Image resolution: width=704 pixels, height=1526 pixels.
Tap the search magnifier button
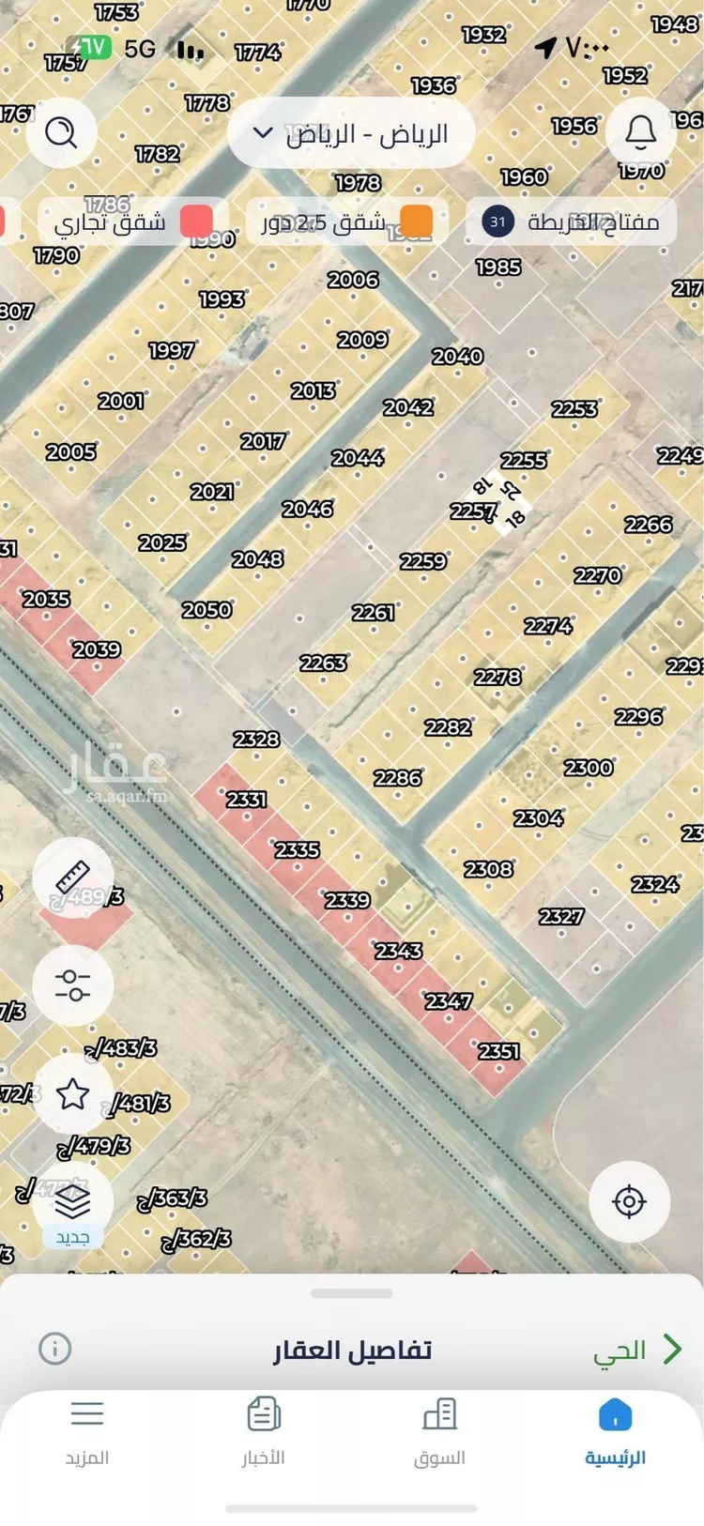pos(61,132)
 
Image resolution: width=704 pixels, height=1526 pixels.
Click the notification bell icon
pos(640,132)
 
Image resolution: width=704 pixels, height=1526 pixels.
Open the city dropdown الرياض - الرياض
pos(351,134)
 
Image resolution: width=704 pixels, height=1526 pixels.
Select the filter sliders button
pos(72,984)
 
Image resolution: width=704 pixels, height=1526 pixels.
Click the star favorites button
pos(72,1093)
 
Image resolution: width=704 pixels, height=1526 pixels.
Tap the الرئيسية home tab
pos(615,1431)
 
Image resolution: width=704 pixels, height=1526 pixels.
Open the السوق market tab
pos(439,1431)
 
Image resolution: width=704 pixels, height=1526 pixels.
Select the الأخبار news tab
pos(264,1431)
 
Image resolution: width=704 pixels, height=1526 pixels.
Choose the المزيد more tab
pos(87,1431)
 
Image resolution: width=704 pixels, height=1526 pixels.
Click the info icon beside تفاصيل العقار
pos(54,1349)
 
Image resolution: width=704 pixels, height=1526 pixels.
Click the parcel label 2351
pos(498,1051)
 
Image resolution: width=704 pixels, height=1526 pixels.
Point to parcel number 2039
pos(97,649)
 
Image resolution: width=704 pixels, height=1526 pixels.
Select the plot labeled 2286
pos(398,778)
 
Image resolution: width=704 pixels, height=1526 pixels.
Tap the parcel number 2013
pos(313,390)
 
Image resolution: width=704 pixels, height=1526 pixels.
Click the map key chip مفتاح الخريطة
pos(572,222)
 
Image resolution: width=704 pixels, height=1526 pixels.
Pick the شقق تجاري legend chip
pos(130,222)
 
